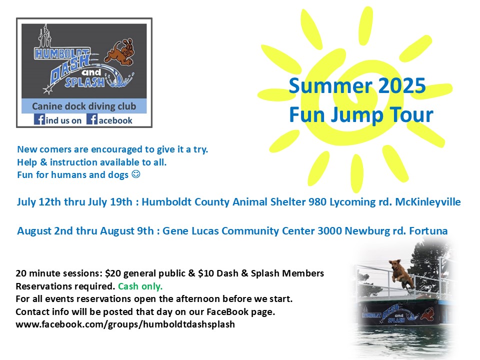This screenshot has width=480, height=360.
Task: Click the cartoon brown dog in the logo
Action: click(x=119, y=51)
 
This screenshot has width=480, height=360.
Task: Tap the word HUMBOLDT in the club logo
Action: click(x=62, y=53)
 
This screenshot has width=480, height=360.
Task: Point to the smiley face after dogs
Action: click(x=135, y=174)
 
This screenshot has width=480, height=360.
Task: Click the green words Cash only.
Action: click(x=140, y=286)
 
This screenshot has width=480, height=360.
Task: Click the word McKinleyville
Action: click(x=427, y=202)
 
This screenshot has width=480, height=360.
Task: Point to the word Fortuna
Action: click(x=428, y=230)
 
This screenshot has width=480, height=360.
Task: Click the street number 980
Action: click(x=317, y=202)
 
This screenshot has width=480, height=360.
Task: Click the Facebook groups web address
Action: click(x=125, y=324)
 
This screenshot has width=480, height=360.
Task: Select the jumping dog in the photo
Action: click(x=401, y=273)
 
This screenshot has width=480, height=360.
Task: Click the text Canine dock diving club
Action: click(x=84, y=106)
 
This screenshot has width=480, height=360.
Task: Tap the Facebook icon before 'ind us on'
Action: click(x=39, y=119)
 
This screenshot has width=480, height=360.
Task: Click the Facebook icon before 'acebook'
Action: click(x=92, y=119)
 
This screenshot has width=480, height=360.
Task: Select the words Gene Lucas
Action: click(x=190, y=230)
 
